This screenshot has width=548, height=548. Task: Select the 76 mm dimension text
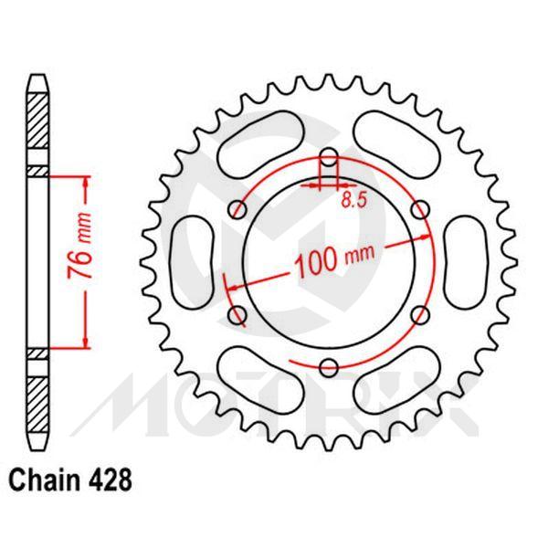(x=81, y=261)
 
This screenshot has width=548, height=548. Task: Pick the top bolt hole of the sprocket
(x=328, y=156)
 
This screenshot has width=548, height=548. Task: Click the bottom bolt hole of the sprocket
(x=328, y=368)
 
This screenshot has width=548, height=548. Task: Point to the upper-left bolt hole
(x=237, y=209)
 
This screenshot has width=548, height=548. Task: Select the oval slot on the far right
(x=463, y=262)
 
